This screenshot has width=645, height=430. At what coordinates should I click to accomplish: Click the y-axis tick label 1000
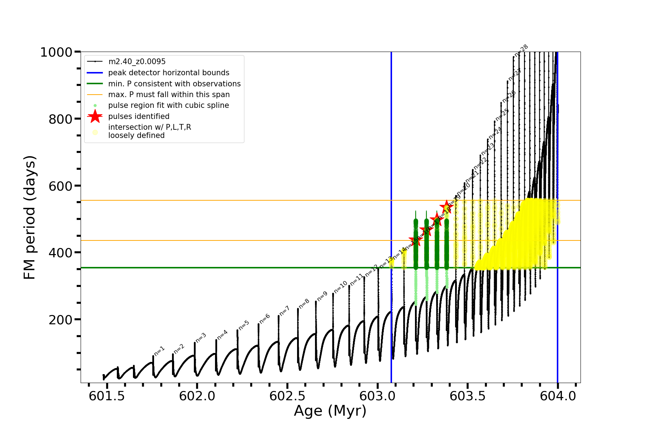pos(56,52)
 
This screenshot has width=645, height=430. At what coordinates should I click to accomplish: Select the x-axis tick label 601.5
pos(107,396)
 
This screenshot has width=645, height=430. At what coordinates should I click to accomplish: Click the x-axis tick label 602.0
pos(197,396)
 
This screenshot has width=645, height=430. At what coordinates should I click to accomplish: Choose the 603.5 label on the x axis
pos(468,396)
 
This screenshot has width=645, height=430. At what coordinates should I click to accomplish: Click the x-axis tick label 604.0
pos(558,396)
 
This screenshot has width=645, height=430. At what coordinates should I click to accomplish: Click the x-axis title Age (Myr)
pos(330,411)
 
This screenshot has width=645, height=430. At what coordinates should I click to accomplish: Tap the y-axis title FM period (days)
pos(29,218)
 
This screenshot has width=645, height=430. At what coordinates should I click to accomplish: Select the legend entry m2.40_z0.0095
pos(137,62)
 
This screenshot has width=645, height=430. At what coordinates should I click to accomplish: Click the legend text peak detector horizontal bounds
pos(169,73)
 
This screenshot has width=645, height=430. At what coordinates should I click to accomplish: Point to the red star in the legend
pos(95,116)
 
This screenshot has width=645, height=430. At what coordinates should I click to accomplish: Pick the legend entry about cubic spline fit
pos(168,105)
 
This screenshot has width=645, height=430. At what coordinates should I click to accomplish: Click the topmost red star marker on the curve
pos(446,207)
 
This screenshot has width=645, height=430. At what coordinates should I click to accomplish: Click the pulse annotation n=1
pos(159,351)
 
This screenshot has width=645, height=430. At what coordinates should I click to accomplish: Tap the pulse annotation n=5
pos(244,325)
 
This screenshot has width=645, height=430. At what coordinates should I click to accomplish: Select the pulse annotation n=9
pos(322,296)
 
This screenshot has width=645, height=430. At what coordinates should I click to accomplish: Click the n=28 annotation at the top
pos(521,51)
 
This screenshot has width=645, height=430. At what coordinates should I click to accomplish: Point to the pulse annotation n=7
pos(284,311)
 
